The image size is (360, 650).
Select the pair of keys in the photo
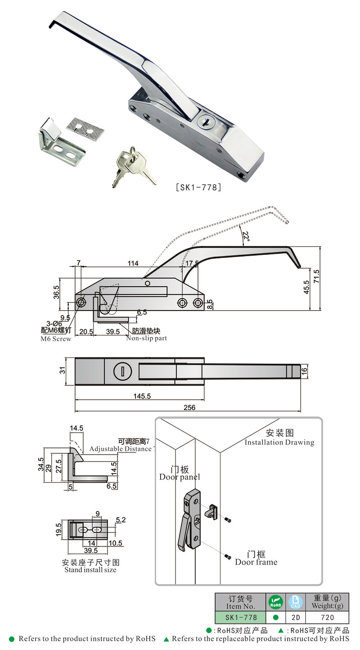(132, 166)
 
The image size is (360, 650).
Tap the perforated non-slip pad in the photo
(85, 127)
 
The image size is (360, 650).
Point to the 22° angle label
(246, 236)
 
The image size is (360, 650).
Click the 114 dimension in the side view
(134, 263)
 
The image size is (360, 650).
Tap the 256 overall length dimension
(189, 407)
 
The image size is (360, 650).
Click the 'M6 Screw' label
(56, 339)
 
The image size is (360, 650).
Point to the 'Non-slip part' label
(146, 338)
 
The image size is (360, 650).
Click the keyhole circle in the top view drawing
(122, 371)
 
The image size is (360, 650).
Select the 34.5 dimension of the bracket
(40, 464)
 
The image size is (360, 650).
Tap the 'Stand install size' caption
(90, 570)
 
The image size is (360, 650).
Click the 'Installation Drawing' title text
(279, 442)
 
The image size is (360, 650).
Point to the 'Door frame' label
(256, 562)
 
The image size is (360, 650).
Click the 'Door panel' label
(180, 477)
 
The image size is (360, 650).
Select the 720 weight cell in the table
(327, 618)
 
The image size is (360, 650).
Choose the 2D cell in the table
(295, 618)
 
